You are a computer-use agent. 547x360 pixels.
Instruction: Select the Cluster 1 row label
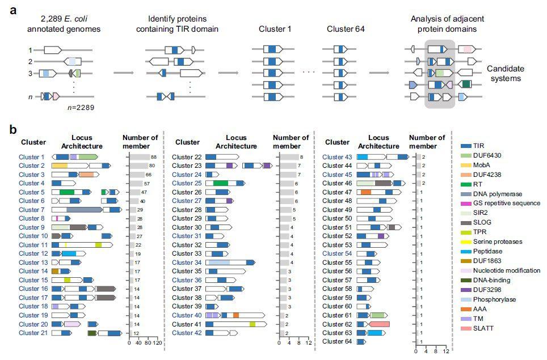(x=31, y=157)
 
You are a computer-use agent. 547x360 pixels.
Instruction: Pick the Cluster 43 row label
(x=337, y=157)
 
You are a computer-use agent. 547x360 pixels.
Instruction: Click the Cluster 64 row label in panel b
(x=337, y=342)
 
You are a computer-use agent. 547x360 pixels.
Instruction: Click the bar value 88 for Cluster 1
(x=153, y=157)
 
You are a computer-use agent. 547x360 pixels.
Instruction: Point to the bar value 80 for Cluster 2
(x=152, y=166)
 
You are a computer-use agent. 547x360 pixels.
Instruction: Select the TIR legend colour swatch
(x=467, y=146)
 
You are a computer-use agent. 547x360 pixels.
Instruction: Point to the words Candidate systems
(x=505, y=74)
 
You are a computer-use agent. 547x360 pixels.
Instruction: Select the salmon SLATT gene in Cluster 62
(x=378, y=324)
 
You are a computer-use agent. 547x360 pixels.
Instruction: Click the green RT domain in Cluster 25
(x=221, y=184)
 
